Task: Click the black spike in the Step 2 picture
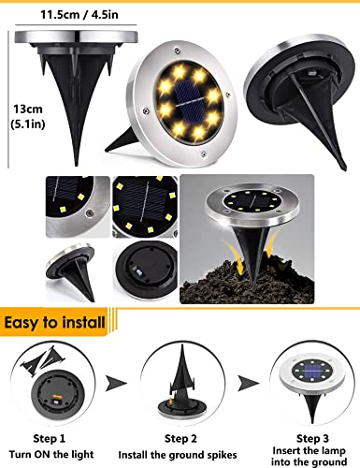tap(180, 374)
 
